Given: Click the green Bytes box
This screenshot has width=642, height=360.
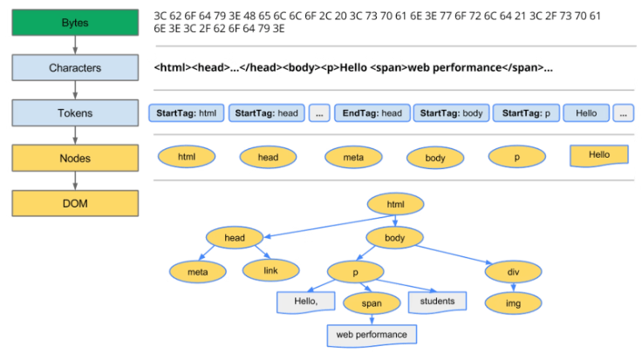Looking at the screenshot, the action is pyautogui.click(x=75, y=23).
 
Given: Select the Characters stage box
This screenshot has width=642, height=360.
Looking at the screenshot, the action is pyautogui.click(x=75, y=67).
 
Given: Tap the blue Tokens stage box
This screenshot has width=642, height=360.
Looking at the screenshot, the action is pyautogui.click(x=75, y=113).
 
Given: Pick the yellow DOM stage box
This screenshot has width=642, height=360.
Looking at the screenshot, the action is pyautogui.click(x=75, y=203).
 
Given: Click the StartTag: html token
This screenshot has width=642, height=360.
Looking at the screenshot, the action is pyautogui.click(x=187, y=113).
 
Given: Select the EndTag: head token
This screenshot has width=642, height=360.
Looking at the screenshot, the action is pyautogui.click(x=372, y=113).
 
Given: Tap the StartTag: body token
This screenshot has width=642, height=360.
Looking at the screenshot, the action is pyautogui.click(x=451, y=113).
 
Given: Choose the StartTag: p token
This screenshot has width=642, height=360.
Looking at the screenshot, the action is pyautogui.click(x=526, y=113).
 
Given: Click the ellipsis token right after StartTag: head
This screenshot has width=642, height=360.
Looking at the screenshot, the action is pyautogui.click(x=319, y=113).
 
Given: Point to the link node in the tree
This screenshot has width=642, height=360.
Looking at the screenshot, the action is pyautogui.click(x=270, y=270).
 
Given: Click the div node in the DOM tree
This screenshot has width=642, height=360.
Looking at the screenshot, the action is pyautogui.click(x=513, y=272).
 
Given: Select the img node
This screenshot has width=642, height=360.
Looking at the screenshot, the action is pyautogui.click(x=513, y=303).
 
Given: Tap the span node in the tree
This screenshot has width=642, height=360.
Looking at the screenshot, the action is pyautogui.click(x=372, y=303).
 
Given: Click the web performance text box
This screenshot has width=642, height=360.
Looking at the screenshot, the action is pyautogui.click(x=372, y=336).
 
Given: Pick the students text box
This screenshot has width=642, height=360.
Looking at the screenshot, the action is pyautogui.click(x=437, y=302).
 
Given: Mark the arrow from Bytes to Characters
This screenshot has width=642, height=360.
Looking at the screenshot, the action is pyautogui.click(x=75, y=45).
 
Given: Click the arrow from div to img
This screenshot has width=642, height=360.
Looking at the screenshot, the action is pyautogui.click(x=514, y=287).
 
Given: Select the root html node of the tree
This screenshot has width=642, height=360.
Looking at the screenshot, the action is pyautogui.click(x=395, y=204).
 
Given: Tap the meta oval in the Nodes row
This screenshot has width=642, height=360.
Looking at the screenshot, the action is pyautogui.click(x=353, y=157).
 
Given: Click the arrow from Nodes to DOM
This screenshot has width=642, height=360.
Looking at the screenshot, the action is pyautogui.click(x=75, y=180).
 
